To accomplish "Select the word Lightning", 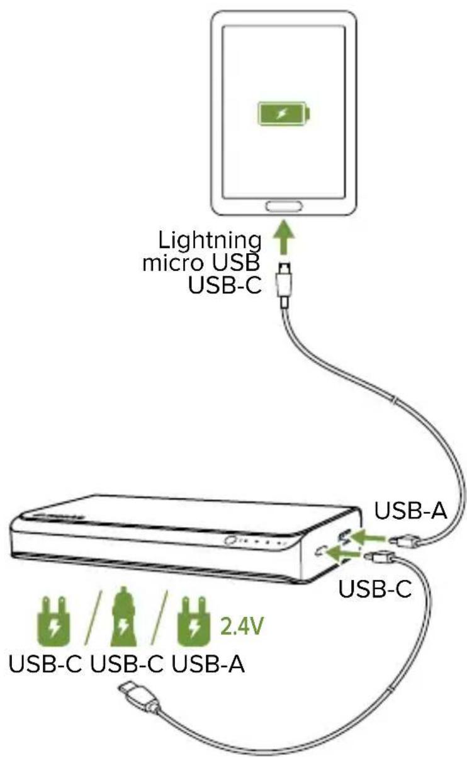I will pyautogui.click(x=210, y=240).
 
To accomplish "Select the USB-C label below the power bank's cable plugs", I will pyautogui.click(x=375, y=590).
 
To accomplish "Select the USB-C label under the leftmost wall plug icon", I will pyautogui.click(x=45, y=665).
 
